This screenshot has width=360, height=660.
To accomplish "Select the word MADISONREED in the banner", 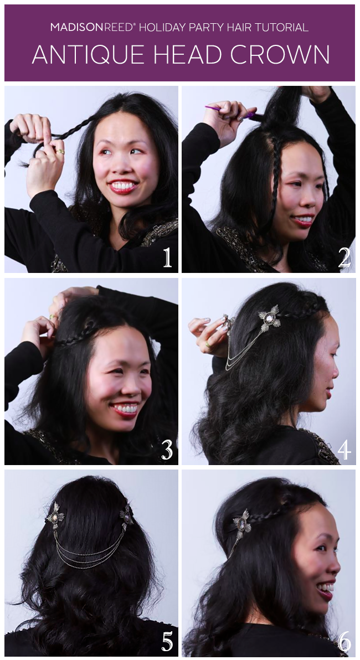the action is pos(92,28).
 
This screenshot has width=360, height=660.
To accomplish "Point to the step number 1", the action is pos(168,257).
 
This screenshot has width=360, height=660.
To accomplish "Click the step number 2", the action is pos(344,257).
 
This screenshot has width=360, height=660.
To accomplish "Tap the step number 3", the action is pos(167,450).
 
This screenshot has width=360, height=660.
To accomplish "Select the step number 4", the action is pos(344,450).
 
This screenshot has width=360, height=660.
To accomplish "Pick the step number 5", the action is pos(167,642).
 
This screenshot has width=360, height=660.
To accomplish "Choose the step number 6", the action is pos(344,642).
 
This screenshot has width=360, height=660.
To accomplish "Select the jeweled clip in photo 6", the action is pos(241,524).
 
